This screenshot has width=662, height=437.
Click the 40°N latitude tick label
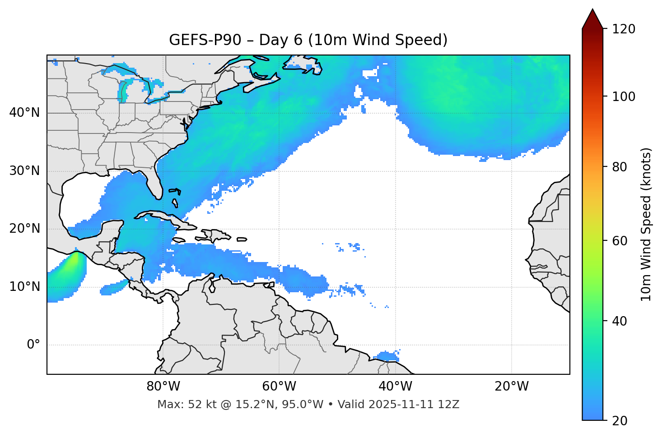pos(24,113)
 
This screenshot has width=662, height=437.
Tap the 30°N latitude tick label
pos(24,171)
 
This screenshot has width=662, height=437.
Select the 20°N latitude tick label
pos(24,229)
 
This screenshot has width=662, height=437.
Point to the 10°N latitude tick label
pos(24,287)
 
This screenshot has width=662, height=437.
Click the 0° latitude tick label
pos(33,345)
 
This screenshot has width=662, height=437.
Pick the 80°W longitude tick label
pos(163,386)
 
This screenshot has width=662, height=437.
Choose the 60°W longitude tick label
pos(279,386)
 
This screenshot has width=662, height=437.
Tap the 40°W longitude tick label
pos(395,386)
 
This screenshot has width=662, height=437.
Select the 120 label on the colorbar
pos(624,29)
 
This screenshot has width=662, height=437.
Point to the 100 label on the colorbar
pos(624,97)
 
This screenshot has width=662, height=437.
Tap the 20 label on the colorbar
pos(620,421)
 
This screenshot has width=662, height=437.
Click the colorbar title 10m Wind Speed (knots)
pos(646,224)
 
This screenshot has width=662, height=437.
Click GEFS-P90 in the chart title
pos(205,40)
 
